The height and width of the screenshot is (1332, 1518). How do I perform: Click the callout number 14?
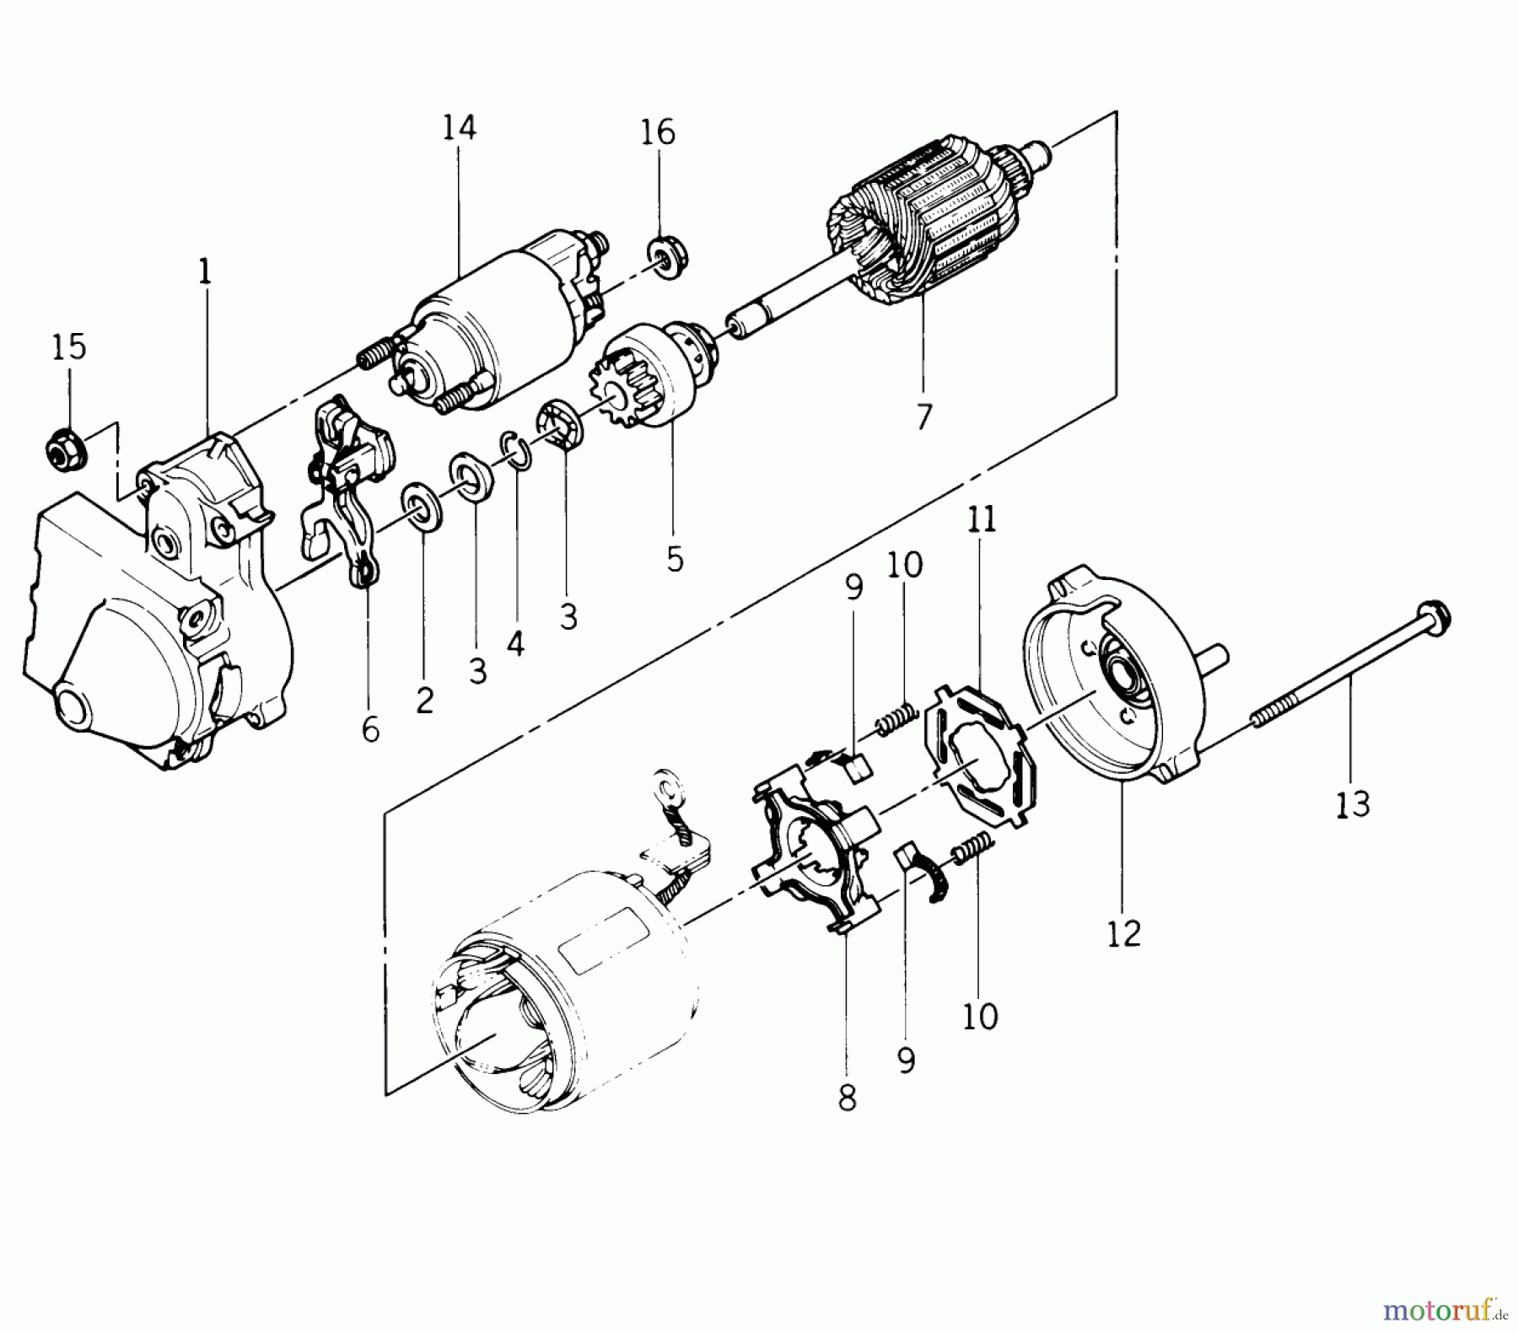[460, 127]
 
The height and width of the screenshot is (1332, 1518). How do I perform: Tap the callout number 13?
[1353, 803]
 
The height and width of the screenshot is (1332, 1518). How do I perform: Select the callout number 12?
[1124, 933]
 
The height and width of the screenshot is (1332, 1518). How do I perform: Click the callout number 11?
[982, 519]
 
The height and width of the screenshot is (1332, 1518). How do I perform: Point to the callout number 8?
[847, 1098]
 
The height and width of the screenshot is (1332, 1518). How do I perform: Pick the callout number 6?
[370, 729]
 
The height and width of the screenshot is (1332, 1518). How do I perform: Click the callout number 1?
[205, 271]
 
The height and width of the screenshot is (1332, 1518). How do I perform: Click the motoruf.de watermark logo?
[1445, 1308]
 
